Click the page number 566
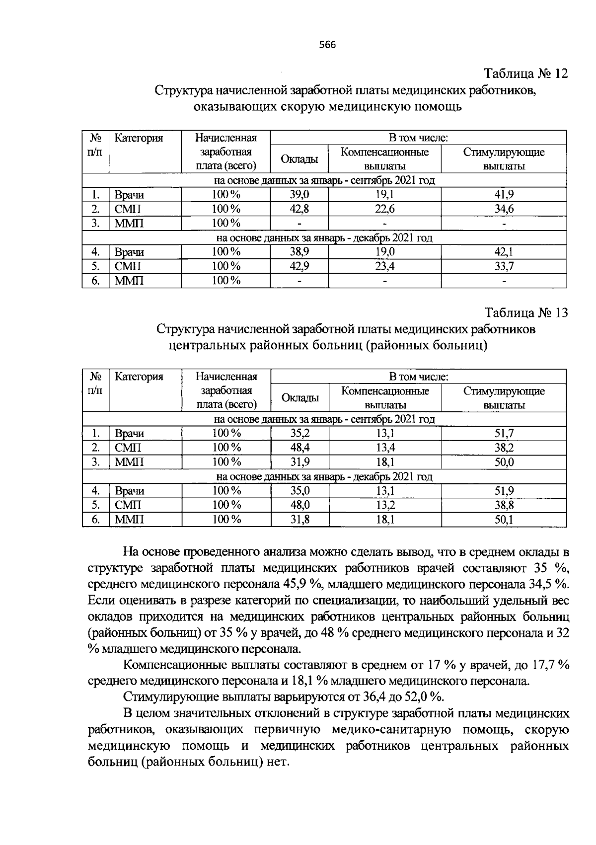click(x=327, y=45)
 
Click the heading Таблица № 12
click(x=526, y=74)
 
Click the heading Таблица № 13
click(x=526, y=313)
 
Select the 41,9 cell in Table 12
click(x=504, y=195)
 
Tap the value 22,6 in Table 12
click(x=384, y=209)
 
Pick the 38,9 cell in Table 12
click(x=299, y=252)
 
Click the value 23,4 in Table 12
click(x=384, y=266)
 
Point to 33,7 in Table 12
click(x=504, y=266)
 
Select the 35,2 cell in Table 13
click(x=300, y=433)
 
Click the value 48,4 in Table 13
click(x=300, y=448)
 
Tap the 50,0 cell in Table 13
click(x=504, y=462)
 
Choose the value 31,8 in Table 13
click(x=300, y=520)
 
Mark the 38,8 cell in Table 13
click(x=504, y=505)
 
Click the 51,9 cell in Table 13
click(x=504, y=491)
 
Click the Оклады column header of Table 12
click(x=299, y=159)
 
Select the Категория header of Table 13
click(x=139, y=377)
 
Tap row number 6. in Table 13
click(x=96, y=520)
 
